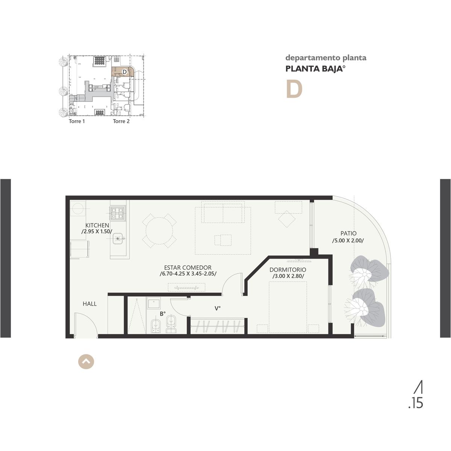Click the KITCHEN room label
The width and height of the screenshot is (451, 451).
(x=97, y=225)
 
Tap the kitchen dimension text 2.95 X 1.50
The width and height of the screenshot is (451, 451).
(x=97, y=232)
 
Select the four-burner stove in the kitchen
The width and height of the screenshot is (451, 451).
(x=118, y=213)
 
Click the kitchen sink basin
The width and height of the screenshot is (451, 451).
(x=118, y=239)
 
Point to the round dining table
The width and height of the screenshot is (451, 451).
(x=159, y=231)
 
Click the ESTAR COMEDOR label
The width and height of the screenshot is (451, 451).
(x=188, y=267)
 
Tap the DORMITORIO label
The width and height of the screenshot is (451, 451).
(x=288, y=269)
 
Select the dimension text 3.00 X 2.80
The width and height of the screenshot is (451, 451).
(x=288, y=276)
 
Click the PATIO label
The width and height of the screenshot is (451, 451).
(x=348, y=233)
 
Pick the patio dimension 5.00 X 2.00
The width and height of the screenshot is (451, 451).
(x=348, y=241)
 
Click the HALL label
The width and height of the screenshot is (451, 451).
(x=90, y=304)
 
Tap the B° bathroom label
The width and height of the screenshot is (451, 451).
(x=163, y=314)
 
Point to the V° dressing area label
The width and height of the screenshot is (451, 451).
(x=218, y=309)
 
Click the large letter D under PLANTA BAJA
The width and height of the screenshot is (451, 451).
(x=294, y=89)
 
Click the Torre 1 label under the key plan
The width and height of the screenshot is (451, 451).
(x=77, y=121)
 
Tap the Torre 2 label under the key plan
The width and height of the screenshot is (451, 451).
(x=121, y=121)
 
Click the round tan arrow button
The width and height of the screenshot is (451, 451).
(x=86, y=362)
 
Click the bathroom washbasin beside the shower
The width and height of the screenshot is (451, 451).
(x=154, y=303)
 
